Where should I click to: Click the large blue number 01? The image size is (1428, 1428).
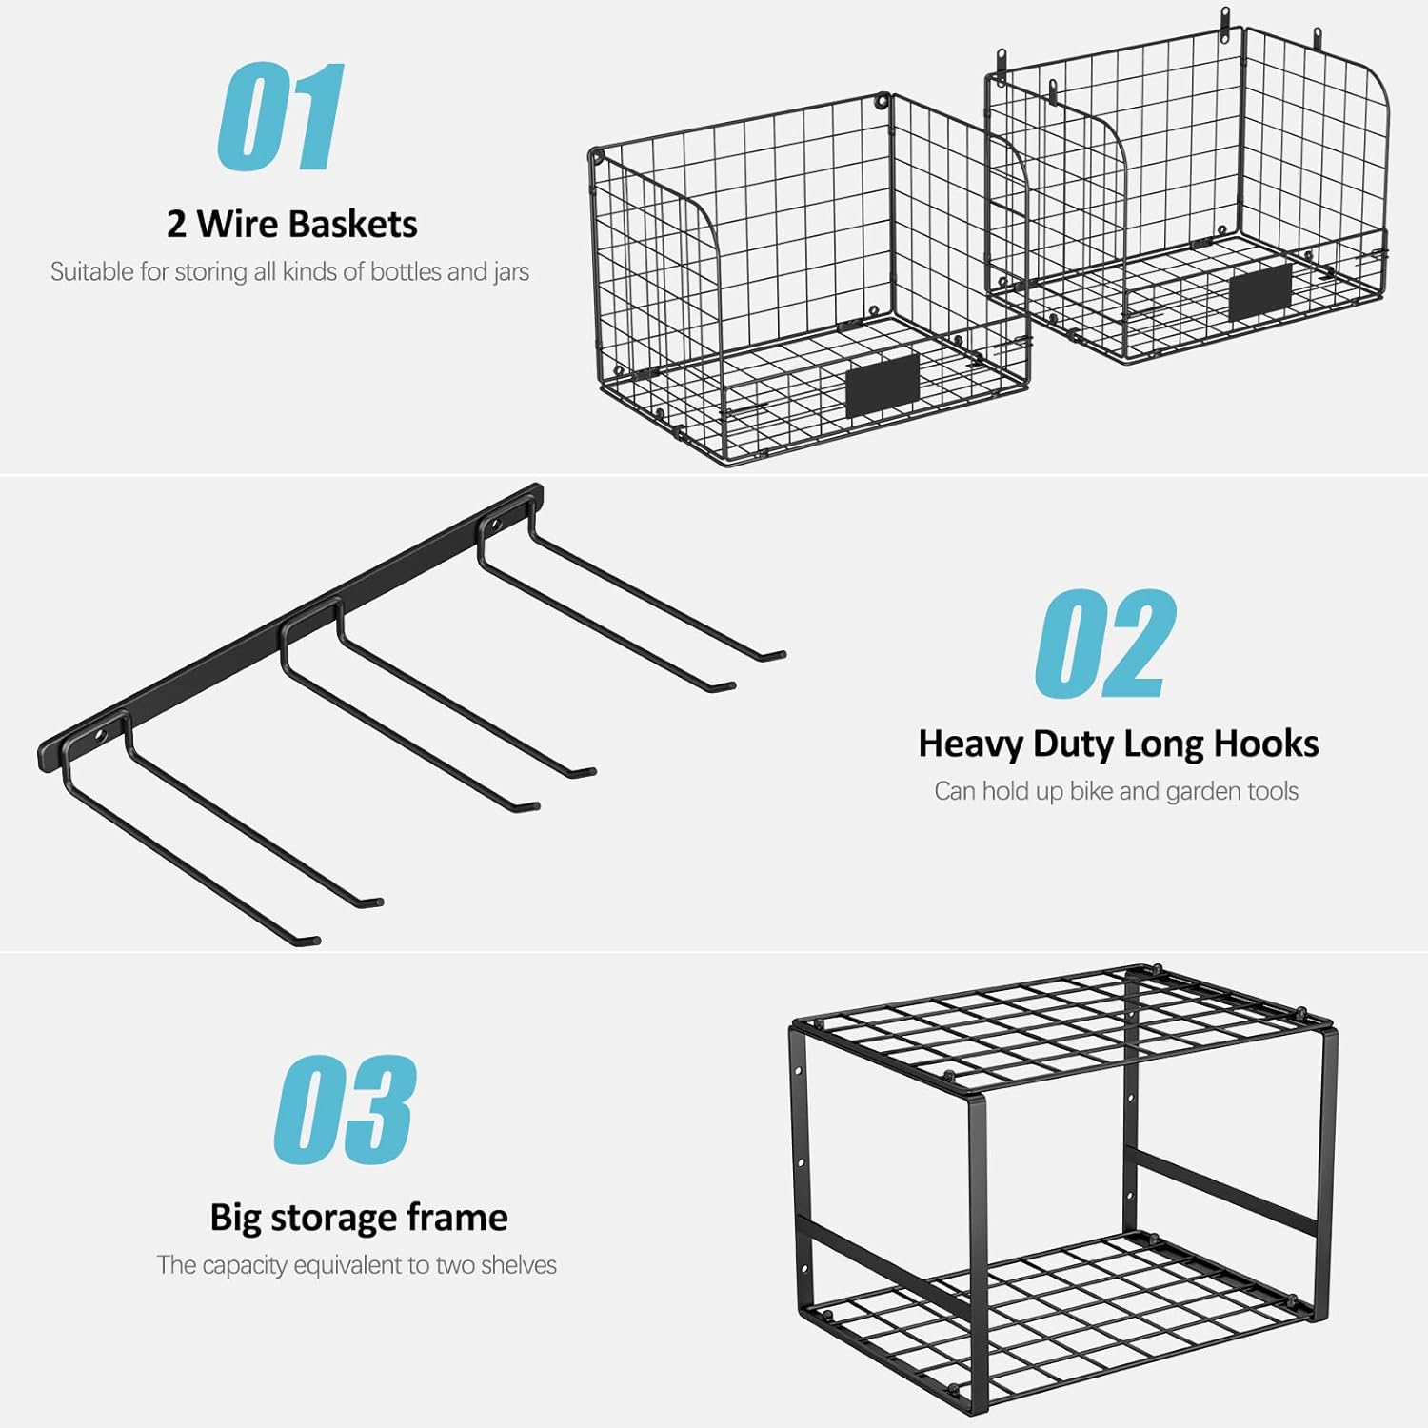point(280,116)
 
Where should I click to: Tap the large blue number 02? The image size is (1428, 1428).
point(1106,643)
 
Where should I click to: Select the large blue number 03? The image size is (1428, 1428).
point(345,1109)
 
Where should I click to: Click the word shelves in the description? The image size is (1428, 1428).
point(519,1265)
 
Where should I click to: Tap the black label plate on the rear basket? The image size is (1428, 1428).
point(1260,292)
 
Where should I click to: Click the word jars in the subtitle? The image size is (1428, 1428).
point(511,272)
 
